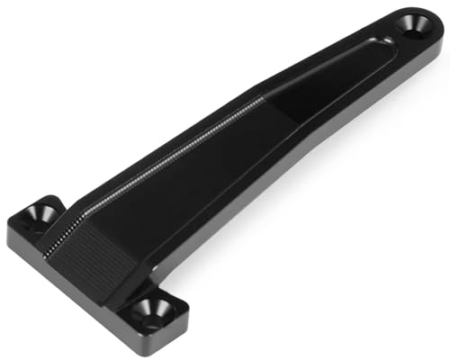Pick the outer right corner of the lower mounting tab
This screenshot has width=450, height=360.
click(188, 317)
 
